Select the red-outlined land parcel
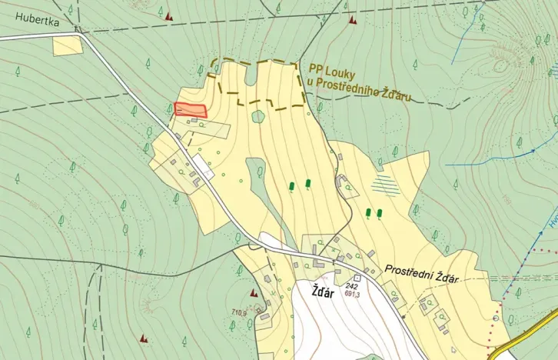(x=191, y=110)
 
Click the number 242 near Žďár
(x=353, y=285)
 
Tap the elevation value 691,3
(x=354, y=294)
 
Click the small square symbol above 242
(x=357, y=278)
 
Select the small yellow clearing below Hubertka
(x=68, y=45)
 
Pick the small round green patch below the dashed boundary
(x=258, y=117)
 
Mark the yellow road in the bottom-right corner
(x=533, y=326)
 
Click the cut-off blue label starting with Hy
(x=551, y=223)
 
